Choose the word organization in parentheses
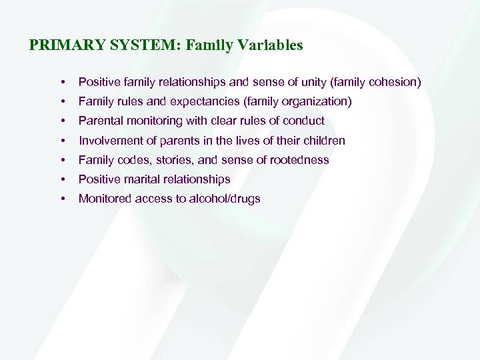click(316, 101)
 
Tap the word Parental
click(101, 121)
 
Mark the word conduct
click(304, 121)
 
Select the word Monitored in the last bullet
click(105, 199)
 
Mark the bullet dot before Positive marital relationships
click(62, 180)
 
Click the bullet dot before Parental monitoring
click(62, 121)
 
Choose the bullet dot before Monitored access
click(62, 199)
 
